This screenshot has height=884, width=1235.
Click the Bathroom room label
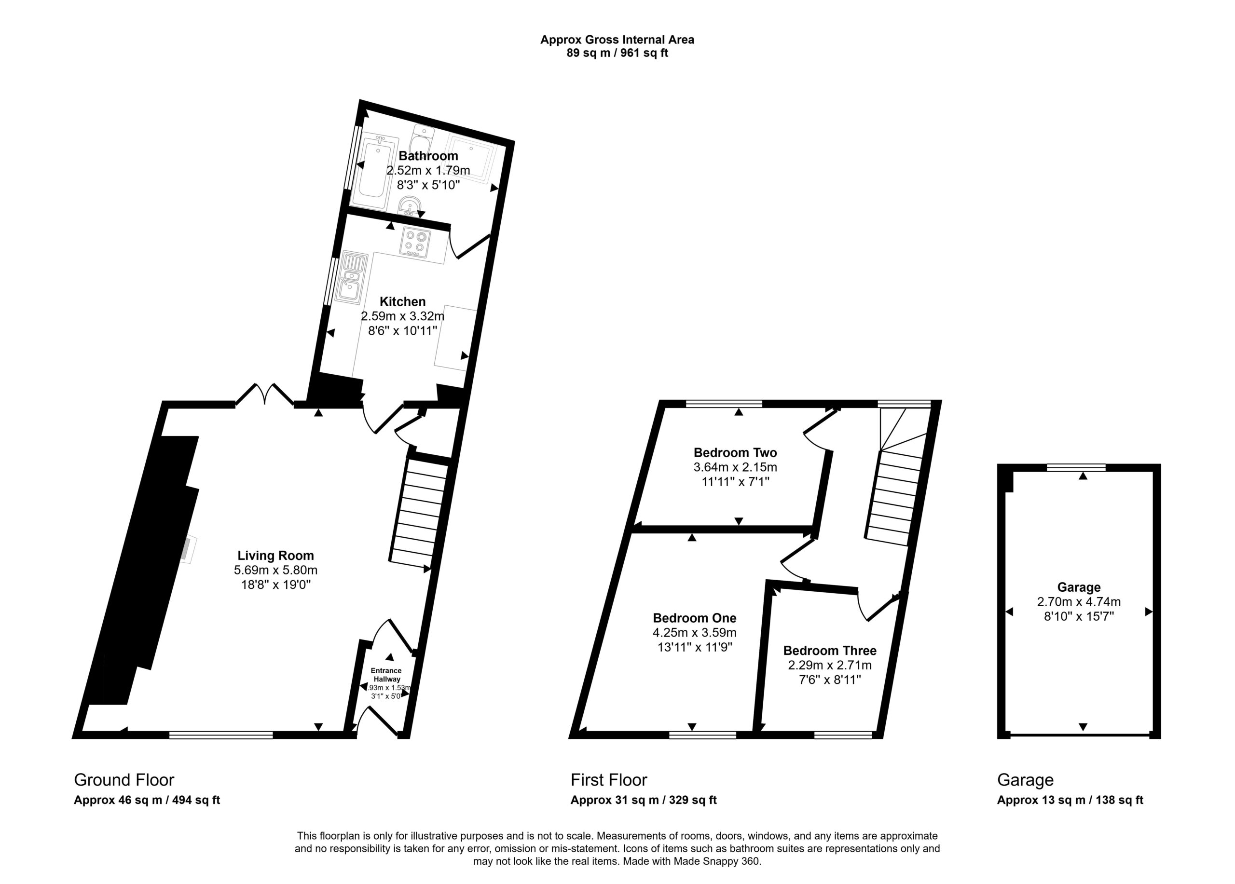click(x=428, y=156)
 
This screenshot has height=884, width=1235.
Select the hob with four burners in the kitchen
click(x=415, y=242)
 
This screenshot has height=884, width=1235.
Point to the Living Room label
click(x=275, y=555)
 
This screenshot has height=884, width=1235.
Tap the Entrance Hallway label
click(x=386, y=675)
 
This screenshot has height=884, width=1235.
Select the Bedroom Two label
click(x=735, y=452)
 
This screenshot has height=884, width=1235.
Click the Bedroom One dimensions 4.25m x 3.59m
click(x=694, y=633)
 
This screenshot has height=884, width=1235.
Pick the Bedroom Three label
click(x=830, y=651)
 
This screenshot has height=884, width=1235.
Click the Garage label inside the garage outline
click(x=1079, y=587)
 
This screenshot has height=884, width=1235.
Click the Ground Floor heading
click(x=124, y=780)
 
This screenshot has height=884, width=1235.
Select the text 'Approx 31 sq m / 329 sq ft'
click(x=644, y=800)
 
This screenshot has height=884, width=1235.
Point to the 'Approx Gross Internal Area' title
click(x=617, y=40)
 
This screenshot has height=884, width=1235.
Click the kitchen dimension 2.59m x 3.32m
click(x=402, y=316)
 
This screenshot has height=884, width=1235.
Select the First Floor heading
click(x=609, y=780)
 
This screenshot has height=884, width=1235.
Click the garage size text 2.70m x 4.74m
click(x=1079, y=602)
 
